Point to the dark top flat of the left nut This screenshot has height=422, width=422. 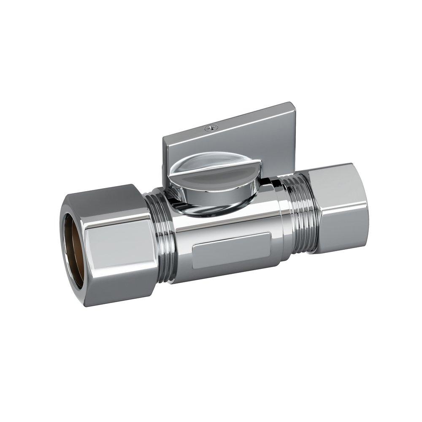coord(105,198)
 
